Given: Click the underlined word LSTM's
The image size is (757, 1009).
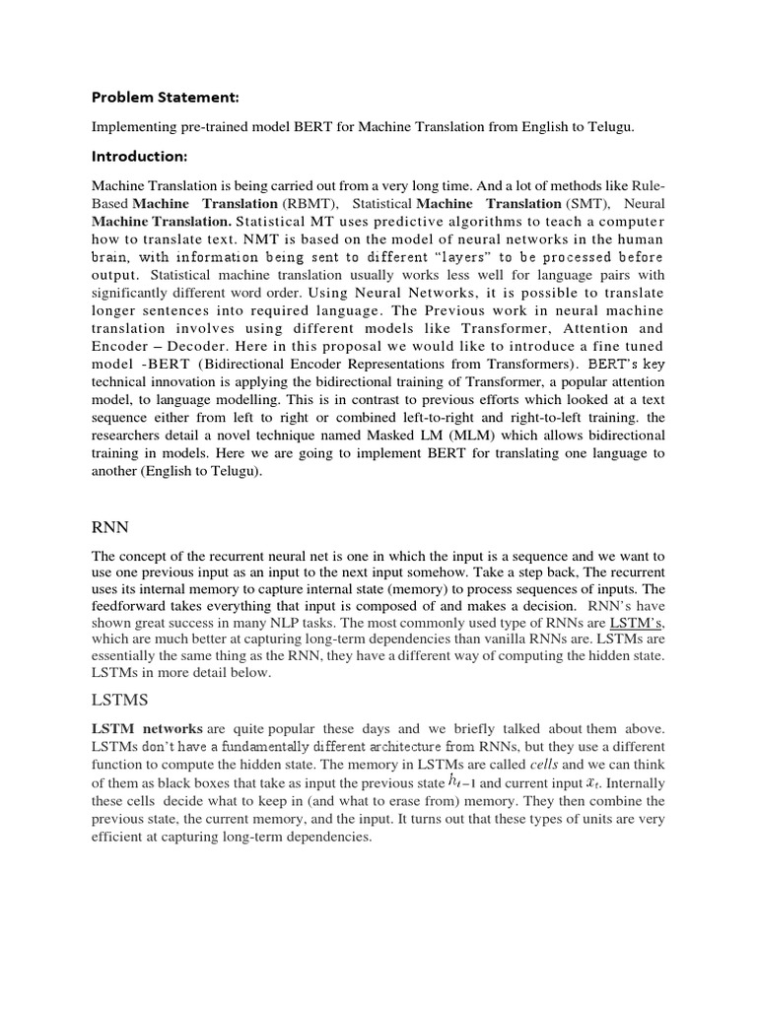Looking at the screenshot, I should (x=638, y=624).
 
